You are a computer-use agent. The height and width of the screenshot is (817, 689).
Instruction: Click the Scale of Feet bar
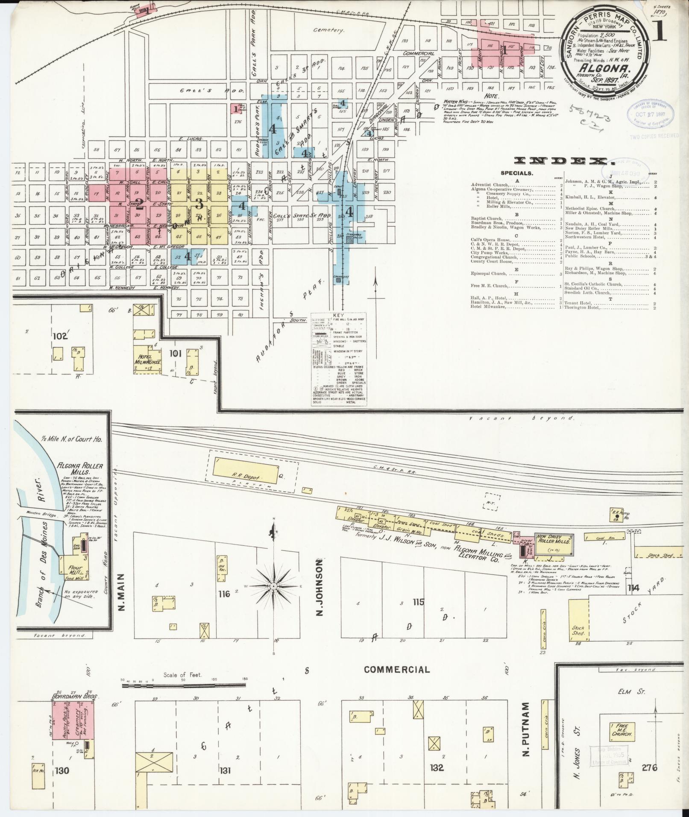pos(184,685)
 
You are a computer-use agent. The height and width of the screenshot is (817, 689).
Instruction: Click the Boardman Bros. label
pos(73,696)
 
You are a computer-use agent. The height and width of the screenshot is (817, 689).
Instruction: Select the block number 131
pos(225,770)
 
